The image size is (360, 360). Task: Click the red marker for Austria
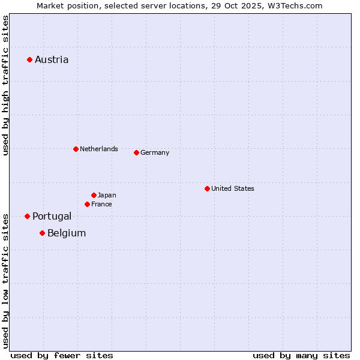point(29,59)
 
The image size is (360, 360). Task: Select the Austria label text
point(52,59)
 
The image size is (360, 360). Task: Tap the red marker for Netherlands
point(76,149)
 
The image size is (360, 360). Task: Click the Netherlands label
point(99,149)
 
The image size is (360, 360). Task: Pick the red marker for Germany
point(136,152)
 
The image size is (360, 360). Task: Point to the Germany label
point(155,152)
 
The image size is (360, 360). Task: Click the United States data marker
point(207,188)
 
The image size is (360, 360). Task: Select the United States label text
point(233,188)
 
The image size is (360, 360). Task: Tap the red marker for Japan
point(94,195)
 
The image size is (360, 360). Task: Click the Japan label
point(107,195)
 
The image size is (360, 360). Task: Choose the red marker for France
point(87,204)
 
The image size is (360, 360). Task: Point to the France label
point(101,204)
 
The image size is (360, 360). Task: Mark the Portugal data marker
point(27,216)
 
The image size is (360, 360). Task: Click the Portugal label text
point(52,216)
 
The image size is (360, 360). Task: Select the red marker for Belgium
point(42,233)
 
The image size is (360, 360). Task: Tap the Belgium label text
point(67,233)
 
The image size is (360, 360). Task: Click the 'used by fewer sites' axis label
point(62,355)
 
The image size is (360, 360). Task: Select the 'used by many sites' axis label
point(301,355)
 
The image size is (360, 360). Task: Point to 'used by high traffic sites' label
point(5,86)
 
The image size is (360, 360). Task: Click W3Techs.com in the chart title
point(295,5)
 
